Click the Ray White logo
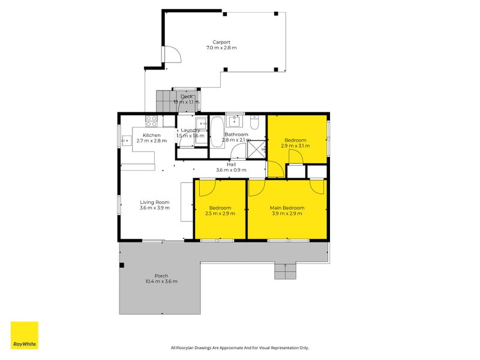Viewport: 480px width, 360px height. (x=25, y=335)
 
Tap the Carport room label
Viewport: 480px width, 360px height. (x=221, y=42)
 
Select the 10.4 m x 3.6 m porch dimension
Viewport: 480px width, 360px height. (x=161, y=281)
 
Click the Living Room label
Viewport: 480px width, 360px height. (x=155, y=202)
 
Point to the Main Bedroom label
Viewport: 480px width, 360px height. (x=287, y=208)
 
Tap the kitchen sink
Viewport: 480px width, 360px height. (x=126, y=140)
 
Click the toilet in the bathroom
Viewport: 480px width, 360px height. (x=255, y=123)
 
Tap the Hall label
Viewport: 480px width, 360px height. (x=231, y=164)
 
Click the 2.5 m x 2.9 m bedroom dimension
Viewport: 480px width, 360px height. (x=220, y=213)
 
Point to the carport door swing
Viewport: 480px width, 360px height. (x=173, y=55)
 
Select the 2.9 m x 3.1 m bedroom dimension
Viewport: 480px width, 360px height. (x=295, y=146)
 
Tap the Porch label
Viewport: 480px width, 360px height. (x=161, y=275)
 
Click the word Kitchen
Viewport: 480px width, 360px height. (x=151, y=135)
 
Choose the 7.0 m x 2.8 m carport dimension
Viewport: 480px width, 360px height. (x=221, y=47)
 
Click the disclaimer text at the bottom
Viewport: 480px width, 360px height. (x=239, y=347)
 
